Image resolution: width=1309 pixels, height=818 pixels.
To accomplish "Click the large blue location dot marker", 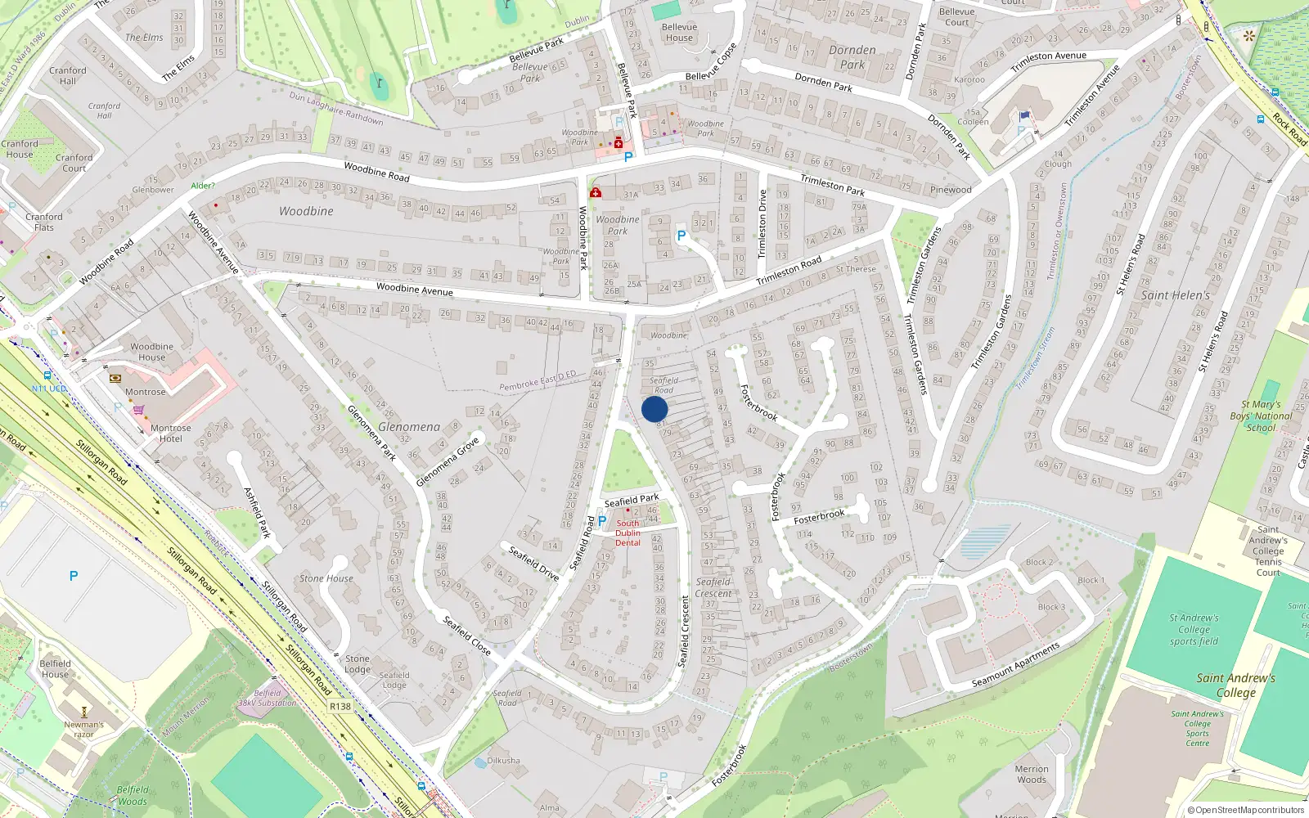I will point(654,409).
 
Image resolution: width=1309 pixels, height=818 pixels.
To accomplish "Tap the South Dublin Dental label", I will point(628,533).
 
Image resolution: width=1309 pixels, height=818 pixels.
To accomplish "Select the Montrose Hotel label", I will point(170,433).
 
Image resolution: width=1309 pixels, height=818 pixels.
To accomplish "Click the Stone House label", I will point(326,578).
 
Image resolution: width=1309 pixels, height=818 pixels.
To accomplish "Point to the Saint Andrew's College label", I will point(1235,685).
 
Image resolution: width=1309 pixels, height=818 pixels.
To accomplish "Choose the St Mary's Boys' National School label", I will point(1261,416).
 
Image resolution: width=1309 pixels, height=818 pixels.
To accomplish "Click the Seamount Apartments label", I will point(1015,665).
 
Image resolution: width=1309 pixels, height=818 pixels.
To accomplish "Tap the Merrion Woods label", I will point(1031,774).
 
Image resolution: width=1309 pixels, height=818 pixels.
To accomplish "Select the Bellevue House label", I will point(679,32).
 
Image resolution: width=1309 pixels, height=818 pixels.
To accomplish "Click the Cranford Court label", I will point(74,163).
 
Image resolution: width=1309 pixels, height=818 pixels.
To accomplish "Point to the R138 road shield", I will point(340,706).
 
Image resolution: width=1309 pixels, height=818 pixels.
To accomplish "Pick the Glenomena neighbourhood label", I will point(408,427).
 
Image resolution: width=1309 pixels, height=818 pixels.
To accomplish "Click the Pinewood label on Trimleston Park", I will point(951,190).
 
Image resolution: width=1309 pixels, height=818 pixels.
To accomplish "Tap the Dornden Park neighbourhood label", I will point(852,56).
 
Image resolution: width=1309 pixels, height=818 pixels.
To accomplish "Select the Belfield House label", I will point(55,668).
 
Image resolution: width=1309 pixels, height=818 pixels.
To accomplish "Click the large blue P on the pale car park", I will point(74,576).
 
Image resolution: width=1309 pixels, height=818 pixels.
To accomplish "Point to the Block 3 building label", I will point(1051,607).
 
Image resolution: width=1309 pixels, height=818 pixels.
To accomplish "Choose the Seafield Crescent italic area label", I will point(713,587).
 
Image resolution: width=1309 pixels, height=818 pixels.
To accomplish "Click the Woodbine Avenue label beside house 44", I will point(414,289).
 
